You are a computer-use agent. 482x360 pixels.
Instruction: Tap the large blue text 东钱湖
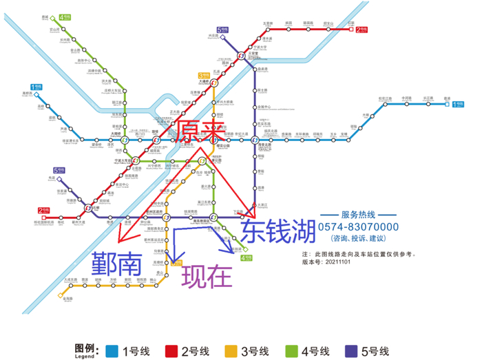pyautogui.click(x=277, y=229)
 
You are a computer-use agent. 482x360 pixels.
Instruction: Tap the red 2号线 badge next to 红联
pyautogui.click(x=362, y=30)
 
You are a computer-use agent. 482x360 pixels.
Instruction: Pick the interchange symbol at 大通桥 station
pyautogui.click(x=204, y=84)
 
